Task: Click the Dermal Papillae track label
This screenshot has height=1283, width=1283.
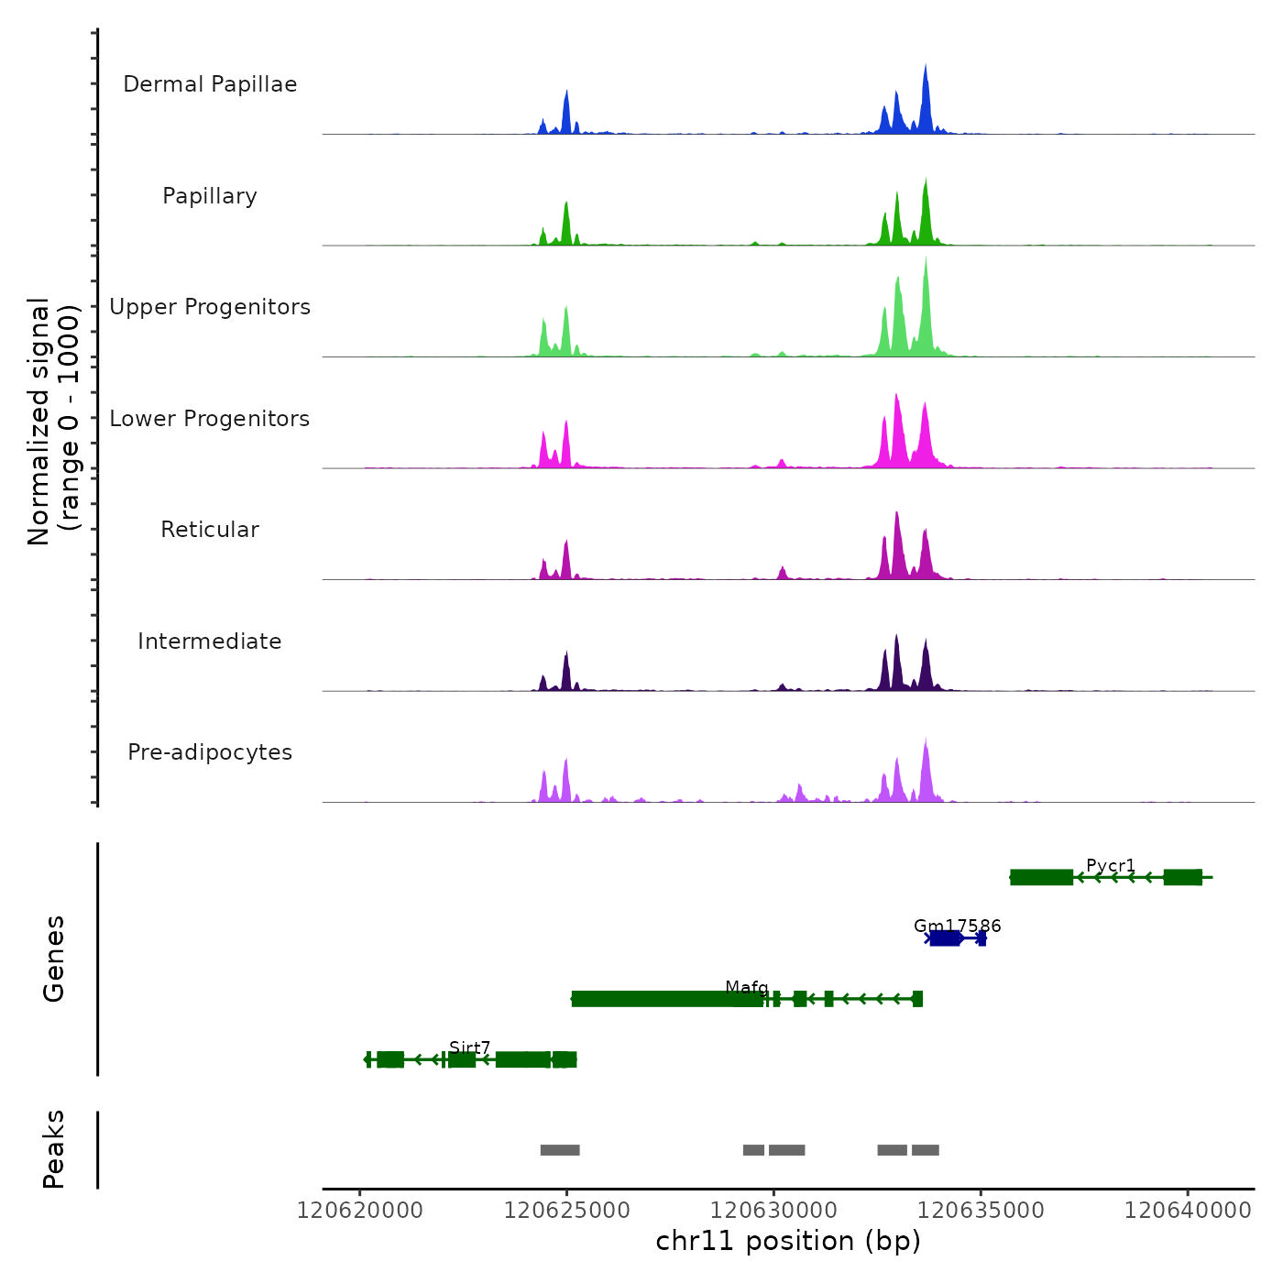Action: coord(210,84)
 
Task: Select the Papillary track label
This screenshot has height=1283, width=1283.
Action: coord(210,196)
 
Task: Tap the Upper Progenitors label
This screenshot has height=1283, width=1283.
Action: coord(210,307)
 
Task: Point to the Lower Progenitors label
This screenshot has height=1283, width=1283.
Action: coord(210,419)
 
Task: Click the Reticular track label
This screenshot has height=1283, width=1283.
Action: coord(210,530)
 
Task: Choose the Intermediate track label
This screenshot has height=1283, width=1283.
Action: coord(210,641)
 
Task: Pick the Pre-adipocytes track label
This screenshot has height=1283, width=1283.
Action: coord(210,752)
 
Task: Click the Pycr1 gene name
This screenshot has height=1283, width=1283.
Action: coord(1111,865)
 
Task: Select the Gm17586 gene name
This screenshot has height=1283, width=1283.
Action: coord(957,926)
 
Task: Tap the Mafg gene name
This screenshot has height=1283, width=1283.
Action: coord(746,987)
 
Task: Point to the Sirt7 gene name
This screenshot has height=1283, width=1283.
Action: coord(470,1047)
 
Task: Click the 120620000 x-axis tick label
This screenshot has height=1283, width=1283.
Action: coord(360,1211)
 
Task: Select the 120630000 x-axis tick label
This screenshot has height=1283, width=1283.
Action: coord(774,1211)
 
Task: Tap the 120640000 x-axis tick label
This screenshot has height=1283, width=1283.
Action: coord(1188,1211)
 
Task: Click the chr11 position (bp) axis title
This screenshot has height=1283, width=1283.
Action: coord(788,1241)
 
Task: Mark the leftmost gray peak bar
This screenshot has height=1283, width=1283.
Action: coord(560,1150)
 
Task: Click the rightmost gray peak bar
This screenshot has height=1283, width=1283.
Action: coord(925,1150)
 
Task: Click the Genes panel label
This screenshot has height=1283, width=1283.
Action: coord(54,959)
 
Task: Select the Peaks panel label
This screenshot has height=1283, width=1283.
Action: coord(54,1149)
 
